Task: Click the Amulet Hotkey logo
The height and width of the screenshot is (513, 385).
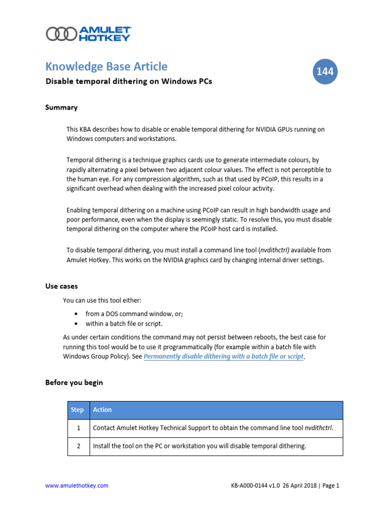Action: tap(89, 34)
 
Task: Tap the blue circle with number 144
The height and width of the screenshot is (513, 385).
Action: tap(325, 72)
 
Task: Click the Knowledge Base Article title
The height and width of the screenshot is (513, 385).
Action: tap(106, 66)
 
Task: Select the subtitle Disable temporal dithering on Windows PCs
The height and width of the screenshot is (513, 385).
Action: tap(128, 81)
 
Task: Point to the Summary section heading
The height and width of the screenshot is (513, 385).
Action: tap(61, 107)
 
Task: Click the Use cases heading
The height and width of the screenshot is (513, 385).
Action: tap(61, 286)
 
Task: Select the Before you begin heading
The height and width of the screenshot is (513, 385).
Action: tap(74, 382)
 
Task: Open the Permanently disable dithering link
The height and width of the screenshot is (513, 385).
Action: tap(224, 357)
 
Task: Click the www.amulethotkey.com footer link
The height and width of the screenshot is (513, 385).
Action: tap(77, 485)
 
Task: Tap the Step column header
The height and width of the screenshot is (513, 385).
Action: tap(78, 410)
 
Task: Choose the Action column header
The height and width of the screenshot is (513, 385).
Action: tap(102, 410)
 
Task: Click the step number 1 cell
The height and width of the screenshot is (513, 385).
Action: tap(78, 428)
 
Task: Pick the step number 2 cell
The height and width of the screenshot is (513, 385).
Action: tap(78, 446)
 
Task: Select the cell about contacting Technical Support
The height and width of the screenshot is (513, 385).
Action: tap(213, 428)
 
